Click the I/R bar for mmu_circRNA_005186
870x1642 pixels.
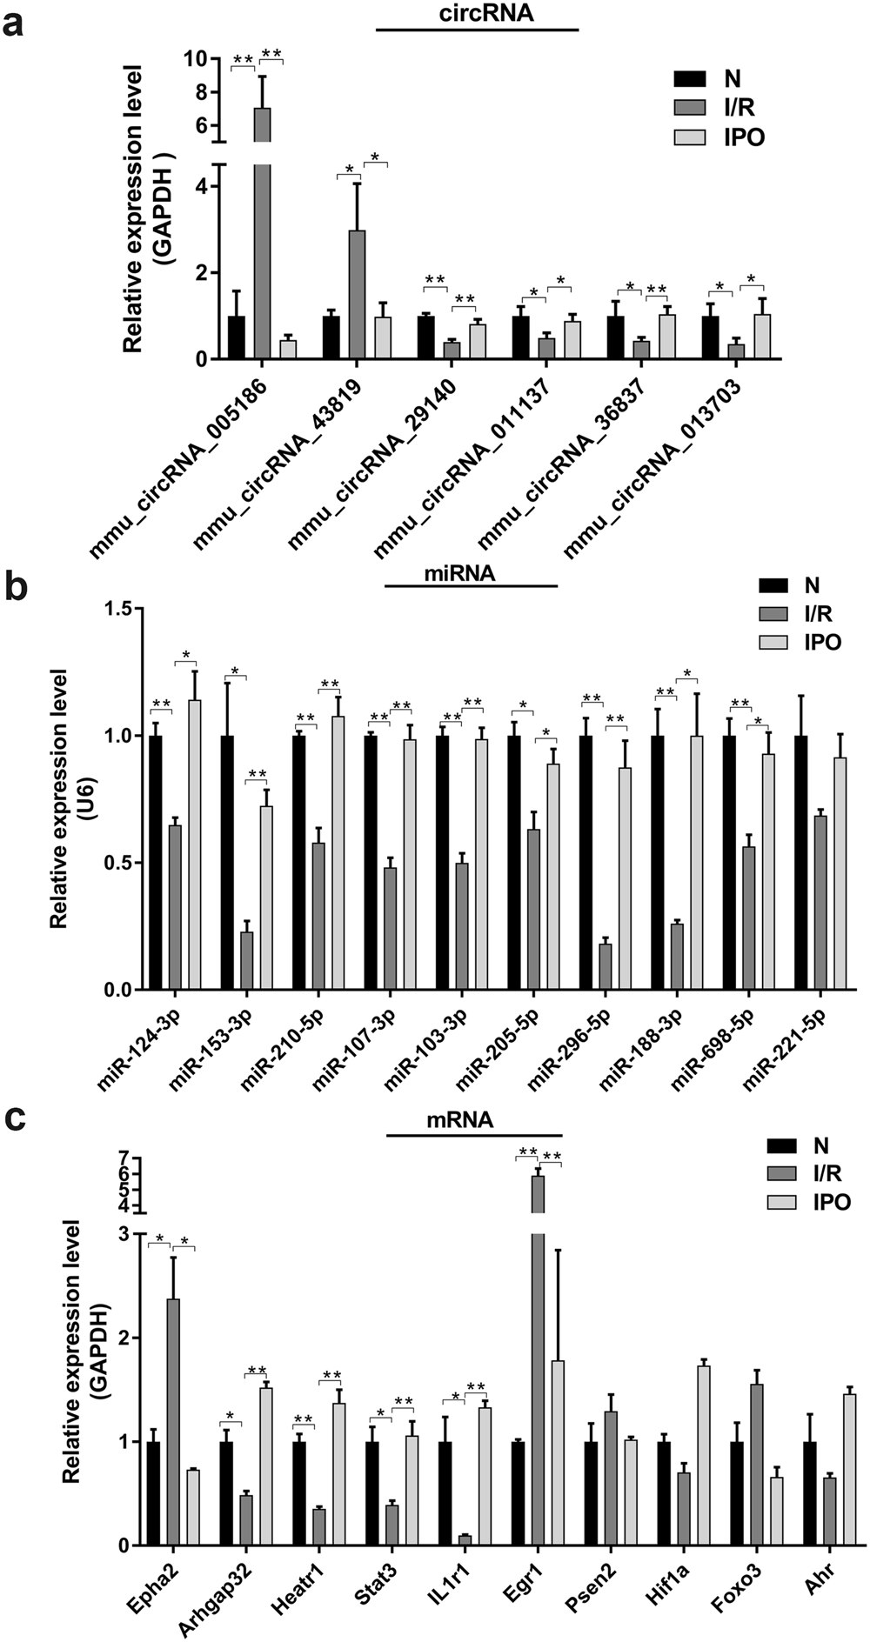(262, 235)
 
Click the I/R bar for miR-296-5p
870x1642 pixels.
(606, 966)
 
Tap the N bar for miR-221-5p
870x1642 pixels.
(801, 862)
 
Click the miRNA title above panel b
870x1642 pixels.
(471, 574)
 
